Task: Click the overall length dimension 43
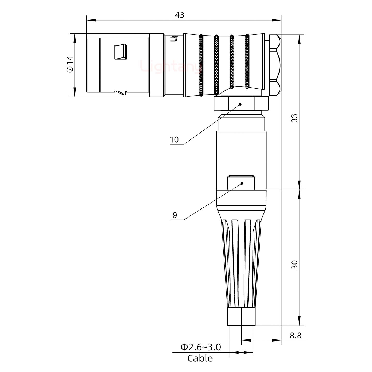[x=180, y=15]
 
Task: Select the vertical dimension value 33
[x=295, y=118]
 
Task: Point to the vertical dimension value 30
[x=295, y=265]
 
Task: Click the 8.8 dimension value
[x=295, y=336]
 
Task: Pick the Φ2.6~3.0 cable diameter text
[x=200, y=347]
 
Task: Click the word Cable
[x=200, y=358]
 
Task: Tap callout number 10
[x=174, y=140]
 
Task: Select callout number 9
[x=175, y=215]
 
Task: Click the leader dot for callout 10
[x=240, y=104]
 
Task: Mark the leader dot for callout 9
[x=242, y=183]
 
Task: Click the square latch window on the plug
[x=121, y=52]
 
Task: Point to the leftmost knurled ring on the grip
[x=201, y=66]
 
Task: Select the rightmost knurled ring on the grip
[x=247, y=62]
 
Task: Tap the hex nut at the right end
[x=275, y=66]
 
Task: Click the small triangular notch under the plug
[x=121, y=92]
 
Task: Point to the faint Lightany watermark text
[x=171, y=66]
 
